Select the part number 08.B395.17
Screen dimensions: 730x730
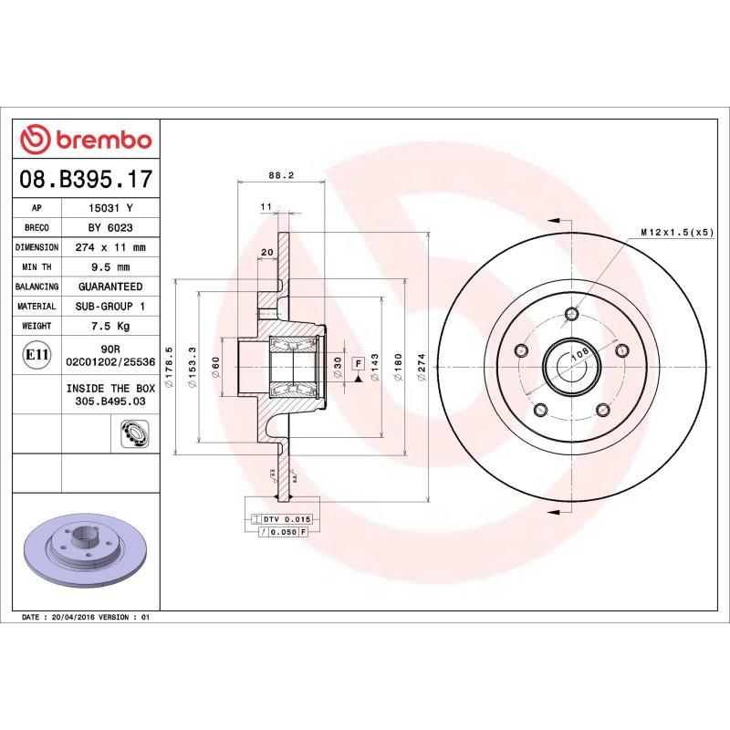pyautogui.click(x=86, y=179)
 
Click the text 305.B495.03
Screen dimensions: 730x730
pyautogui.click(x=110, y=400)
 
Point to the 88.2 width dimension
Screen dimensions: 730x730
pyautogui.click(x=281, y=177)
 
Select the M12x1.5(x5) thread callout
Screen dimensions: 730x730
pyautogui.click(x=676, y=233)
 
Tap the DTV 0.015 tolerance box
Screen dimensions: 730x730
pyautogui.click(x=286, y=518)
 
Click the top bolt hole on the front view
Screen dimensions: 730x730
pyautogui.click(x=572, y=316)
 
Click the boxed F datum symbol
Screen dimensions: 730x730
pyautogui.click(x=359, y=363)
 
